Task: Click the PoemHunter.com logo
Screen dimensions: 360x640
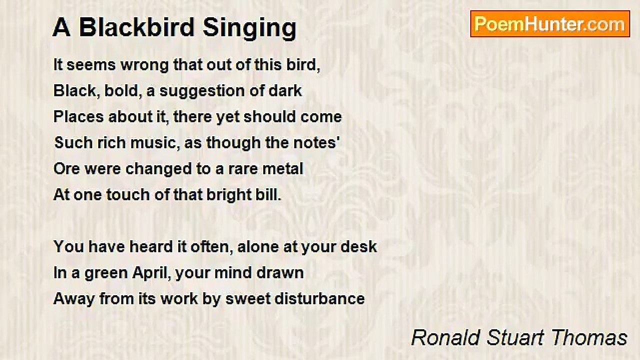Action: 550,24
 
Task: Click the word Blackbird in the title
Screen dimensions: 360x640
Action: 136,27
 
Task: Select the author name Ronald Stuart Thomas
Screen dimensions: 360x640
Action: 519,338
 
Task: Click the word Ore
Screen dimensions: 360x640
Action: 66,168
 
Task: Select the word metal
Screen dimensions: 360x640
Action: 282,168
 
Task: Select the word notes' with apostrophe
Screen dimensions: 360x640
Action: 320,143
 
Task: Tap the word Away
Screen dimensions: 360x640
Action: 74,299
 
